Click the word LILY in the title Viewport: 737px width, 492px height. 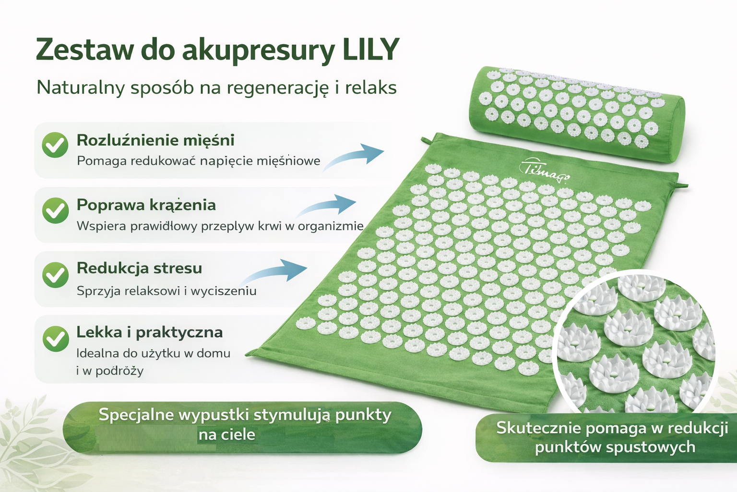(x=370, y=49)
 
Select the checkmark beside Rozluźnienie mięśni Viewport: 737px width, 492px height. (x=55, y=145)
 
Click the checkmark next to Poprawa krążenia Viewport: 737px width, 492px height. (x=55, y=210)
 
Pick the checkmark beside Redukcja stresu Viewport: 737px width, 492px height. (x=55, y=275)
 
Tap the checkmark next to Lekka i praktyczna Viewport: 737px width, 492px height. (x=55, y=339)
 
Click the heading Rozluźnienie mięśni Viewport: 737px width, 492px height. (x=155, y=140)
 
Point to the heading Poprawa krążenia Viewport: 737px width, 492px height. (x=146, y=205)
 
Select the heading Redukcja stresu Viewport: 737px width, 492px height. (x=139, y=268)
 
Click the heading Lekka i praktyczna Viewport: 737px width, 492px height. (x=150, y=332)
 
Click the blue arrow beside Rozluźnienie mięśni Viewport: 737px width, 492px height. (x=355, y=156)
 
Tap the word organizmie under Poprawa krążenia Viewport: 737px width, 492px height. (x=331, y=226)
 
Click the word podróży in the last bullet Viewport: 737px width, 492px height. (x=119, y=371)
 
